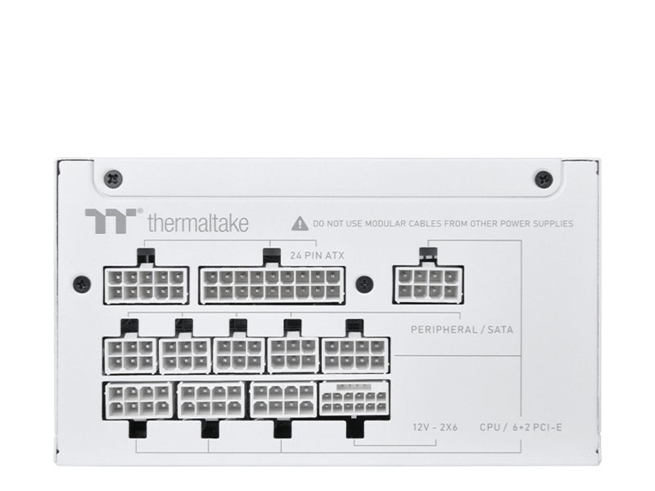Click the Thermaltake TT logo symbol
pyautogui.click(x=111, y=220)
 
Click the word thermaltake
pyautogui.click(x=198, y=223)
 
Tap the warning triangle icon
pyautogui.click(x=300, y=223)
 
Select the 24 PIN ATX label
pyautogui.click(x=317, y=255)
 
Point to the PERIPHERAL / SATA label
pyautogui.click(x=462, y=330)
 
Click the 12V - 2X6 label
pyautogui.click(x=436, y=427)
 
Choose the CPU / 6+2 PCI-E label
pyautogui.click(x=521, y=427)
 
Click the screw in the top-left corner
pyautogui.click(x=113, y=178)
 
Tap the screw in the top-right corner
pyautogui.click(x=544, y=179)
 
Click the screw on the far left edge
pyautogui.click(x=82, y=284)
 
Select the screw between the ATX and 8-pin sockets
pyautogui.click(x=364, y=284)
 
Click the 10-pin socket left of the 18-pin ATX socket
pyautogui.click(x=147, y=285)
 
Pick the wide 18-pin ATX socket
pyautogui.click(x=272, y=285)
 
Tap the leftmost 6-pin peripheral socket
pyautogui.click(x=130, y=355)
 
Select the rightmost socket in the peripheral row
pyautogui.click(x=355, y=355)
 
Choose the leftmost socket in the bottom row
pyautogui.click(x=138, y=400)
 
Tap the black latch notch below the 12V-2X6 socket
pyautogui.click(x=355, y=429)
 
